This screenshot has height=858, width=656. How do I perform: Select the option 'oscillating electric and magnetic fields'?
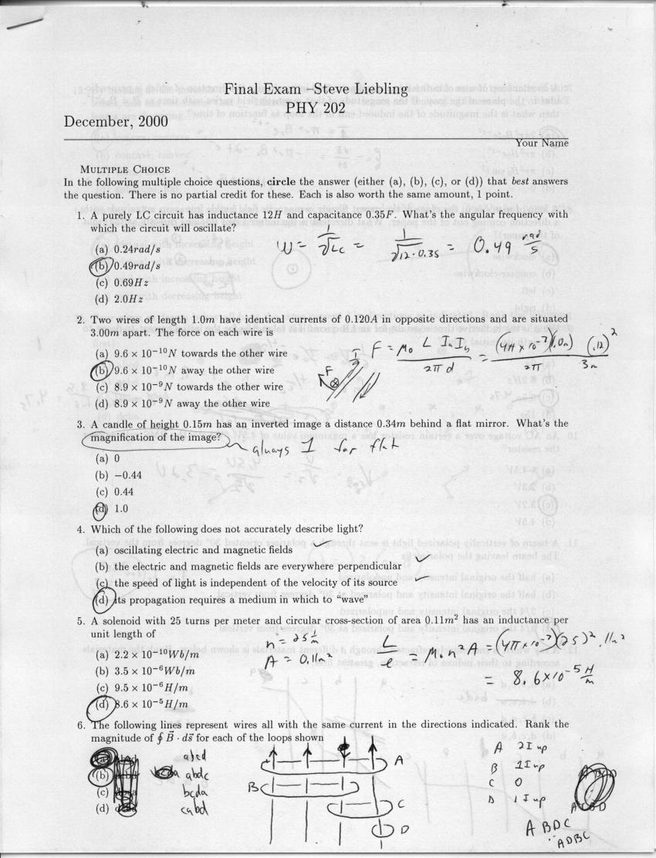[x=192, y=550]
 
